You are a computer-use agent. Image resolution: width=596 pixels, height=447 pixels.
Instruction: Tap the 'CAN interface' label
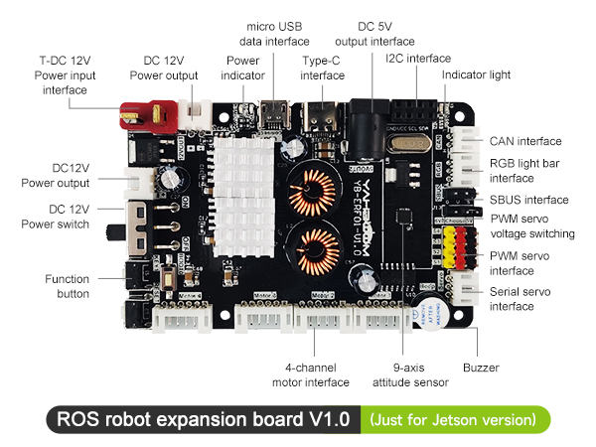tap(525, 140)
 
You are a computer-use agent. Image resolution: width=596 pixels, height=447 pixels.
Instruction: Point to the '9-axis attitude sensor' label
tap(410, 374)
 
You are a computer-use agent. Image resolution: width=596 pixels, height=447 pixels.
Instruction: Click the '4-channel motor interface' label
tap(310, 374)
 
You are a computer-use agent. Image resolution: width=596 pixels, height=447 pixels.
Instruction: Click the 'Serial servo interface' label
tap(527, 299)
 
